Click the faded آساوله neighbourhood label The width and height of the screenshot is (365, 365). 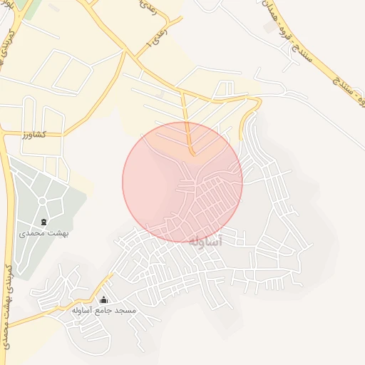click(207, 241)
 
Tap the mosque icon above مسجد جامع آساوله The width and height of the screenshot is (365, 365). click(104, 300)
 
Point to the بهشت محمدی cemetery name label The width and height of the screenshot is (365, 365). click(43, 233)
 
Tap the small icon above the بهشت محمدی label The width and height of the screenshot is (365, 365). click(44, 222)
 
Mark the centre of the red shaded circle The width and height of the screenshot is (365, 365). click(182, 182)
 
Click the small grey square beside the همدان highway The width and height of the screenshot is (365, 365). click(269, 27)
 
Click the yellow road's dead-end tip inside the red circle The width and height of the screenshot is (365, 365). click(192, 154)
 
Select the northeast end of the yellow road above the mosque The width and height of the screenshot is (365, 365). click(112, 274)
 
